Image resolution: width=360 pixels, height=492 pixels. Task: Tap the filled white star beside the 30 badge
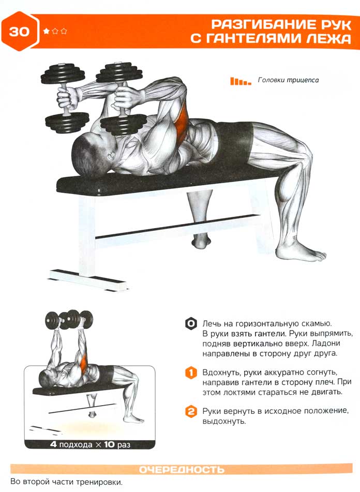[x=47, y=31]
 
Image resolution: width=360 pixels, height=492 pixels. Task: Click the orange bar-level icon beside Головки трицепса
[x=241, y=81]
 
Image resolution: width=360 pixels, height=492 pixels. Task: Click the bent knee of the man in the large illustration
[x=302, y=154]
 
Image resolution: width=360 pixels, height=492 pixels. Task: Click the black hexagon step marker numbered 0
[x=190, y=323]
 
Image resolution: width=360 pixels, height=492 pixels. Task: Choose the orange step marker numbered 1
[x=191, y=373]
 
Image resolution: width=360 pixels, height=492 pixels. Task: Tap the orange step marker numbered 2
[x=191, y=411]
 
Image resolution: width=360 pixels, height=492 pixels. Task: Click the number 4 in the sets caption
[x=53, y=444]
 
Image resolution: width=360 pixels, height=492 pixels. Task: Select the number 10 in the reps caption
[x=110, y=444]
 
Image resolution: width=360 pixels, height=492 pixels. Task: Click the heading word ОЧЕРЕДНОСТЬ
[x=182, y=469]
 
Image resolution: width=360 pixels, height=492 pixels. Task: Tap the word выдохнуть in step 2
[x=224, y=421]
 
